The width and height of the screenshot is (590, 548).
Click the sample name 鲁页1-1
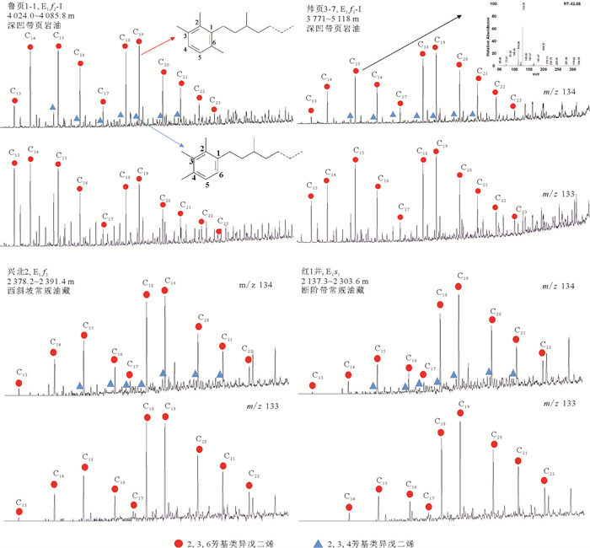tap(19, 6)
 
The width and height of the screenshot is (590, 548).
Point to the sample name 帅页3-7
tap(319, 6)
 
